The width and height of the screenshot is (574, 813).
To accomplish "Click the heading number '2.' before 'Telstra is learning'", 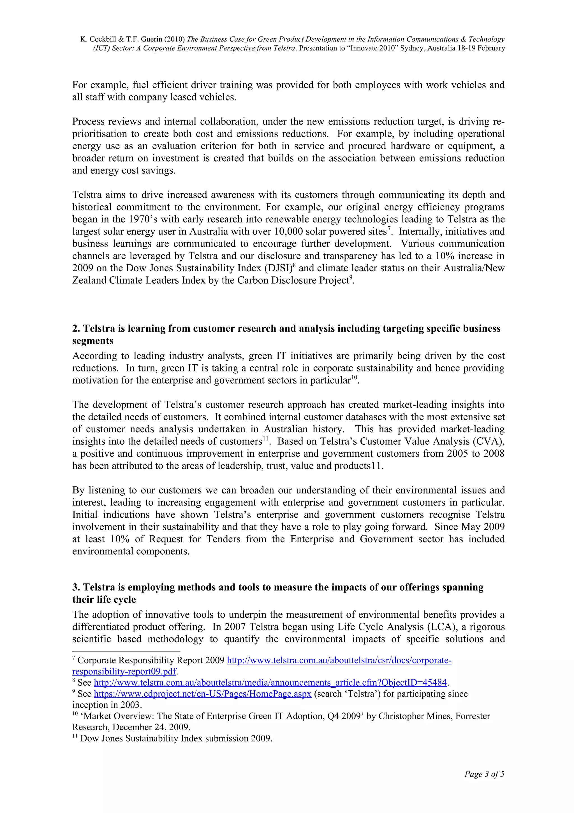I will (76, 329).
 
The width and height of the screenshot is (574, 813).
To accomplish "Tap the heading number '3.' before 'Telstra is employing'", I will (76, 587).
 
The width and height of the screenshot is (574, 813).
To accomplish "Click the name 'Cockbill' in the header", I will (104, 39).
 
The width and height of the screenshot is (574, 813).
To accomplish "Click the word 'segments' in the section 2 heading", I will (93, 341).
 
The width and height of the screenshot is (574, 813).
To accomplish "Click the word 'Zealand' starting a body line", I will (89, 281).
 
